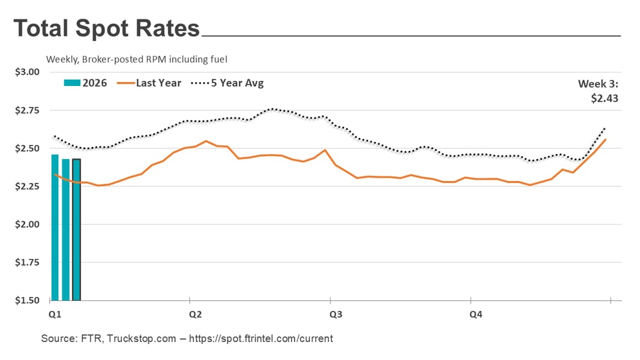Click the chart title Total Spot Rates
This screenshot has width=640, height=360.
click(x=107, y=29)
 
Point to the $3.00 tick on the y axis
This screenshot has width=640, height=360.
click(x=27, y=72)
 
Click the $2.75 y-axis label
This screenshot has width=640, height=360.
click(x=27, y=110)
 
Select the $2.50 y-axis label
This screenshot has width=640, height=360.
click(x=27, y=148)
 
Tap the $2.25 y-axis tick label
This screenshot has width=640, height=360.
click(x=27, y=186)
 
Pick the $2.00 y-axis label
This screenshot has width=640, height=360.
click(x=27, y=225)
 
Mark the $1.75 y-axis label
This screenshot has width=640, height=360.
click(x=27, y=262)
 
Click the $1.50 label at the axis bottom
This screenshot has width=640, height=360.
click(x=27, y=300)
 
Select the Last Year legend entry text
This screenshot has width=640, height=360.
click(x=159, y=83)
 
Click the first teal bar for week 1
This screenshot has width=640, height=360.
click(x=55, y=228)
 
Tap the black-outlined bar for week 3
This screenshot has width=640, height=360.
click(x=76, y=230)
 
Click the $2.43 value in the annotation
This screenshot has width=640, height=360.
click(x=604, y=99)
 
